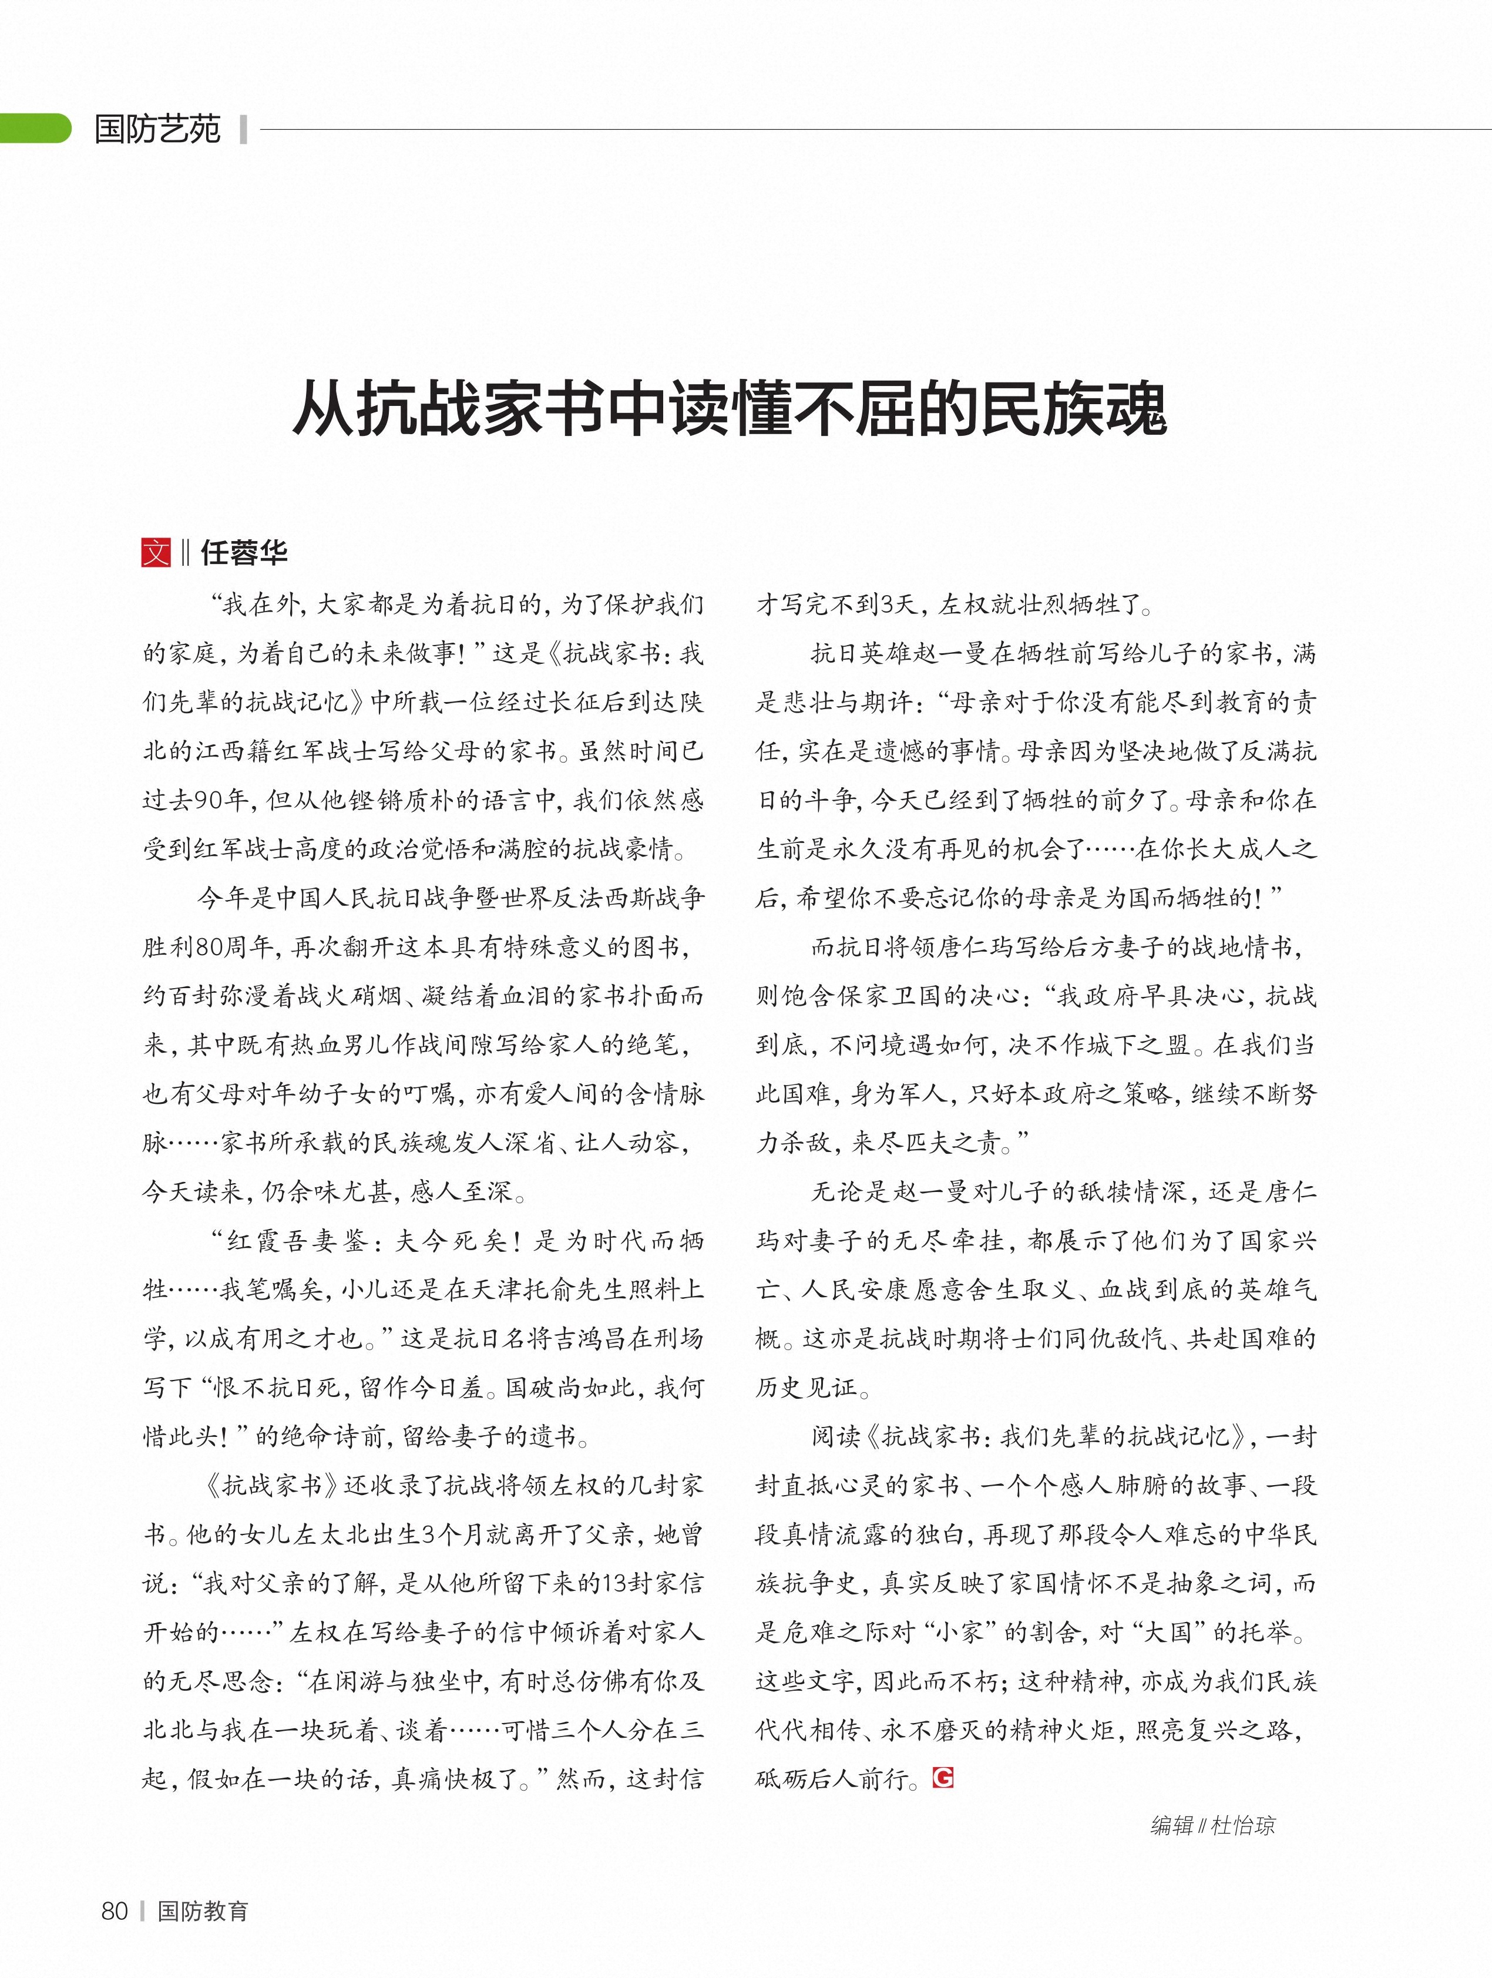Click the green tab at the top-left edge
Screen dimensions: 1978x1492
(34, 129)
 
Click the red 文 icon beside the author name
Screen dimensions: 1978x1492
(156, 553)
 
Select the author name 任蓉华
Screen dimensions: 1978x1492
(244, 553)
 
